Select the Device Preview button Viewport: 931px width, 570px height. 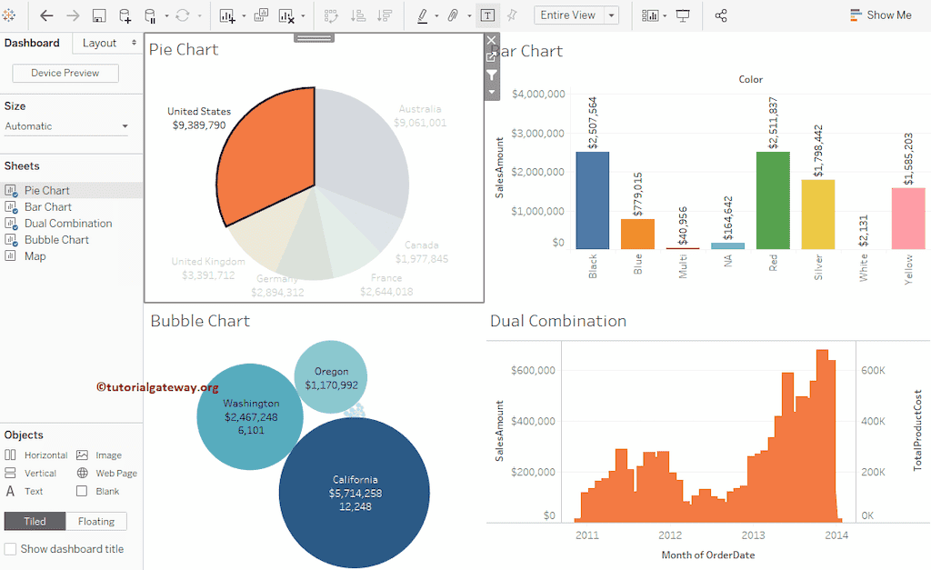[65, 73]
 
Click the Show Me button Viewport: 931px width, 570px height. [880, 15]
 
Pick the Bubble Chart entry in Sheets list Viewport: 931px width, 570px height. [56, 240]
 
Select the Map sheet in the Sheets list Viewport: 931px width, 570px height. [35, 256]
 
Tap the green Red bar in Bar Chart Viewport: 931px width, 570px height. [773, 200]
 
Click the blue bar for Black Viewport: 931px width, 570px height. [593, 200]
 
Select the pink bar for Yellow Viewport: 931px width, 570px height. [908, 218]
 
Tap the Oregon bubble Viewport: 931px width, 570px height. [331, 377]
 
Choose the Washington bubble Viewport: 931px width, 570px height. [250, 416]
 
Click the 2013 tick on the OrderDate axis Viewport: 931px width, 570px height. [753, 535]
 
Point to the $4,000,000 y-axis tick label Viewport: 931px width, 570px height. [539, 94]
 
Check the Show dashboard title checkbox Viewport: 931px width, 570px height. [11, 549]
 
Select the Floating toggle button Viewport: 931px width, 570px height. [95, 521]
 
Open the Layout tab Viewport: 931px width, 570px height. [99, 43]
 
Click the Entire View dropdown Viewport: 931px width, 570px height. [576, 15]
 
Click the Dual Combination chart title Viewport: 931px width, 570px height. [558, 321]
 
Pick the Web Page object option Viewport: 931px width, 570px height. [115, 473]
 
